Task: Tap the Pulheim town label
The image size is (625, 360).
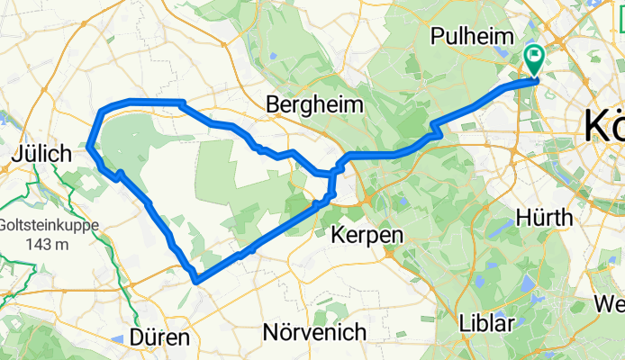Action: pyautogui.click(x=472, y=37)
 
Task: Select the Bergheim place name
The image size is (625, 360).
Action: pyautogui.click(x=315, y=105)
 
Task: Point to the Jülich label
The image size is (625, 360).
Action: pyautogui.click(x=41, y=155)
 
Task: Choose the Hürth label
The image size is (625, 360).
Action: pyautogui.click(x=546, y=218)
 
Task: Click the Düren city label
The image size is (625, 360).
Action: pyautogui.click(x=159, y=337)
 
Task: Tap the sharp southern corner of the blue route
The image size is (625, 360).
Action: pyautogui.click(x=195, y=281)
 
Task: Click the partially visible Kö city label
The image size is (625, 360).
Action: pyautogui.click(x=603, y=127)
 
